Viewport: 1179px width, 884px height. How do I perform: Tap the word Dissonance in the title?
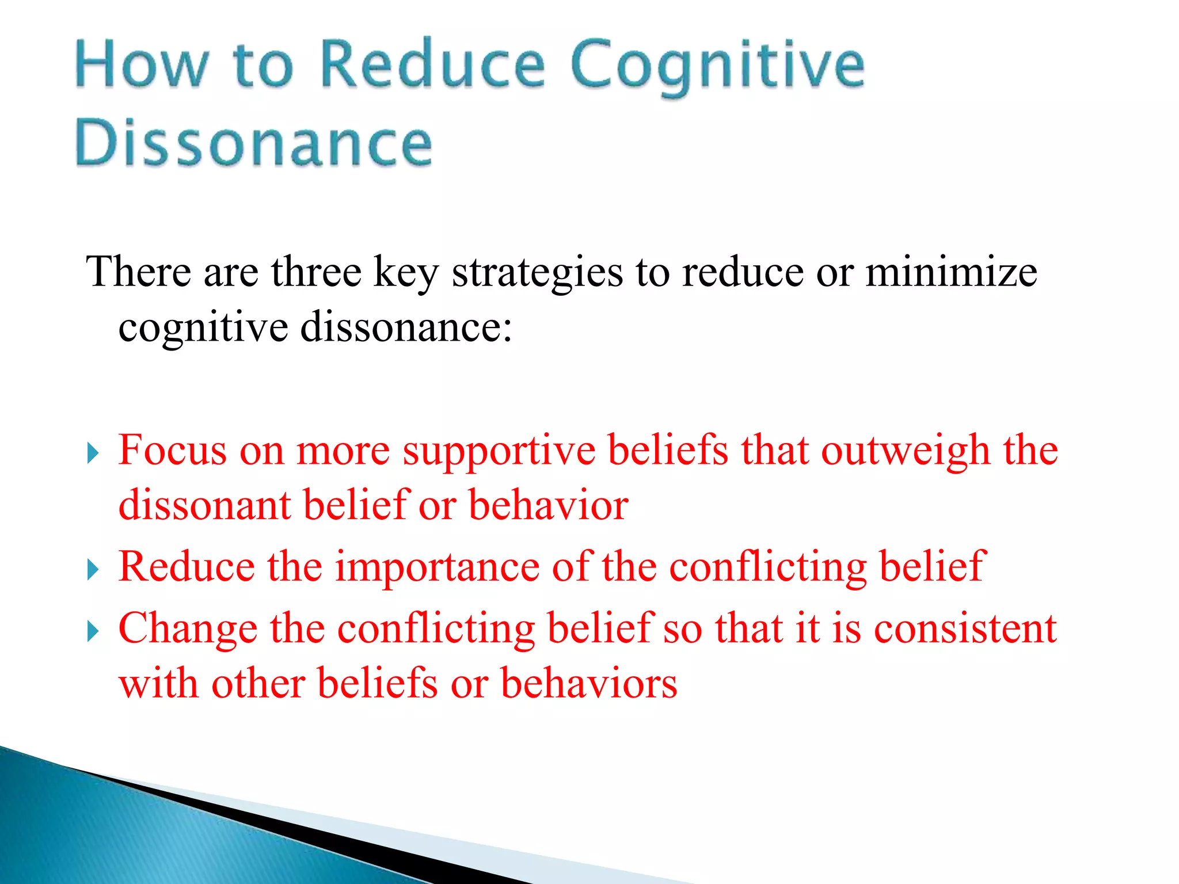point(253,143)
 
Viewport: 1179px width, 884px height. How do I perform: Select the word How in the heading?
point(141,64)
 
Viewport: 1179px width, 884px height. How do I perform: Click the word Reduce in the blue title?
point(432,64)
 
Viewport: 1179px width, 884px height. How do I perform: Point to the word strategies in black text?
point(537,273)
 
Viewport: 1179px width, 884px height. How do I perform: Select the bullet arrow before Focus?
point(93,453)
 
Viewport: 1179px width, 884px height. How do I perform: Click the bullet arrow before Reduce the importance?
point(93,570)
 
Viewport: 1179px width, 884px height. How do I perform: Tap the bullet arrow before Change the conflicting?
point(93,631)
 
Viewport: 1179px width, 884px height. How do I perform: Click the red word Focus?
point(172,451)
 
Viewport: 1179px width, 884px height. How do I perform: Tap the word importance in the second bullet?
point(438,567)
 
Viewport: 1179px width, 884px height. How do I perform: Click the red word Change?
point(188,629)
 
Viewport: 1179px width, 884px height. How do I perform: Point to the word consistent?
point(965,629)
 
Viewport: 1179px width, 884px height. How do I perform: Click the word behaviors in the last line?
point(589,684)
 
